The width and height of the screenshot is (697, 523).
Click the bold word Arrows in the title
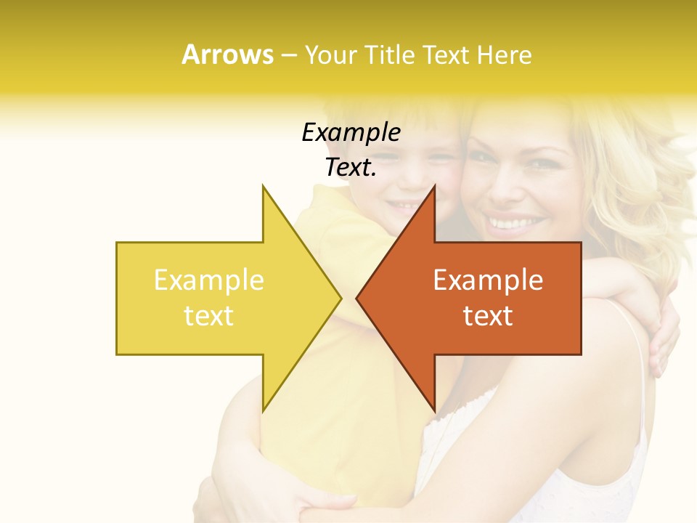point(227,54)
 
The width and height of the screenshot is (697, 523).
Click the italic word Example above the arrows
point(351,132)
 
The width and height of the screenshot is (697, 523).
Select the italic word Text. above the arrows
point(351,167)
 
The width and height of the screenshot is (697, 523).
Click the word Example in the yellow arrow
point(208,280)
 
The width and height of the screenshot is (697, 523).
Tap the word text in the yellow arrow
point(208,315)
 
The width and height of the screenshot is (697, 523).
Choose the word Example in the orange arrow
point(488,280)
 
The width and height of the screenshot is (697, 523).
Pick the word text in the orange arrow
point(488,315)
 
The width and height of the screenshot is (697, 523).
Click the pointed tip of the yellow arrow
point(341,298)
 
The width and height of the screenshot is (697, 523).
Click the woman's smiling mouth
point(516,221)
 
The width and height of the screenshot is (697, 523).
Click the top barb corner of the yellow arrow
point(263,185)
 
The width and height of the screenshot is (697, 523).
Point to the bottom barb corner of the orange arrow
point(434,411)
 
